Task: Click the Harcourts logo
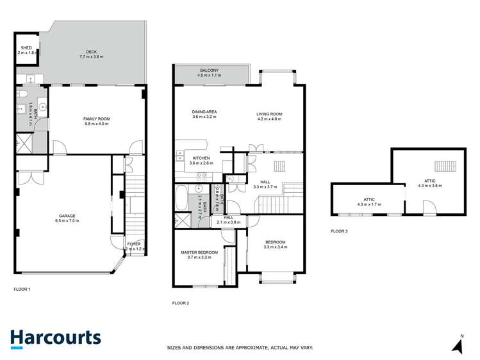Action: point(56,338)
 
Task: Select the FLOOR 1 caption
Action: point(22,290)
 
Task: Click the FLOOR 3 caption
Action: point(339,231)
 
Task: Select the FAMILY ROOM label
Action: point(96,121)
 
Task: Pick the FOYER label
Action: point(134,245)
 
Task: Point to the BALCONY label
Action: point(209,72)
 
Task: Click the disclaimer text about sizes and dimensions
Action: point(240,348)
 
